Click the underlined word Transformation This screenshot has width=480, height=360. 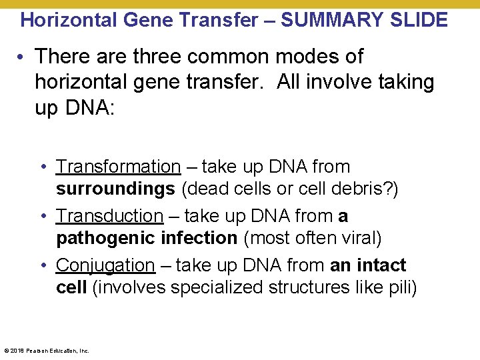tap(118, 167)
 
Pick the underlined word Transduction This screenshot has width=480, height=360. tap(109, 216)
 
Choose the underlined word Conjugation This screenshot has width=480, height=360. tap(105, 265)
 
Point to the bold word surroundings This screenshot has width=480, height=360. tap(115, 189)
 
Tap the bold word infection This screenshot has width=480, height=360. tap(195, 238)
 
